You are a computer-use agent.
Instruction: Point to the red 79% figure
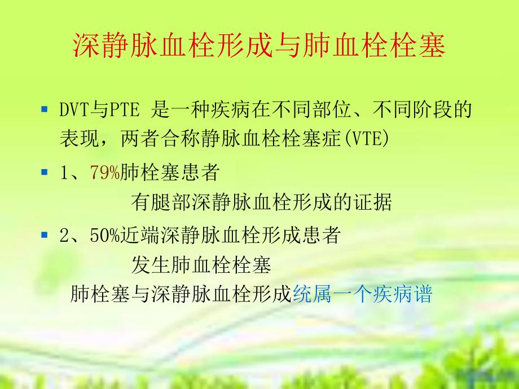[x=105, y=173]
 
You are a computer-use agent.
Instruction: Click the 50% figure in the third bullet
[x=105, y=236]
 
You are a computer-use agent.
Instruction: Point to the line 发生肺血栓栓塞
[x=201, y=264]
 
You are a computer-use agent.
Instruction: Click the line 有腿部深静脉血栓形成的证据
[x=261, y=201]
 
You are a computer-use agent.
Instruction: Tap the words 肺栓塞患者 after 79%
[x=170, y=173]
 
